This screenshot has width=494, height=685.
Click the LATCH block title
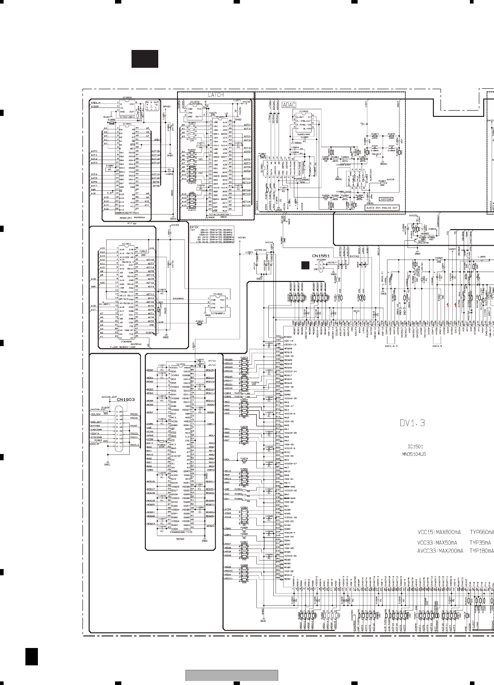[216, 95]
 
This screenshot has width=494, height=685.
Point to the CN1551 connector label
[321, 256]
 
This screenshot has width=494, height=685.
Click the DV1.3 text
[412, 423]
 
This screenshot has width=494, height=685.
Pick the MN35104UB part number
[414, 454]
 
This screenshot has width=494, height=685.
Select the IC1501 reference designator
[415, 446]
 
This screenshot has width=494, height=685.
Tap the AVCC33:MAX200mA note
[440, 551]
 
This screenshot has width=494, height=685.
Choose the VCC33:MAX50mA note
[437, 543]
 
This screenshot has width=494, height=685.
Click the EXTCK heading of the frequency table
[194, 227]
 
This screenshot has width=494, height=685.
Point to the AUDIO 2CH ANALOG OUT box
[382, 208]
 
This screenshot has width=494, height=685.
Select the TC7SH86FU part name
[218, 314]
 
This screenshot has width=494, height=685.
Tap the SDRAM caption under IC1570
[180, 539]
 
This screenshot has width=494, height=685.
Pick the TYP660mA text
[482, 532]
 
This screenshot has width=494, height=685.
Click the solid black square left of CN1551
[305, 265]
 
